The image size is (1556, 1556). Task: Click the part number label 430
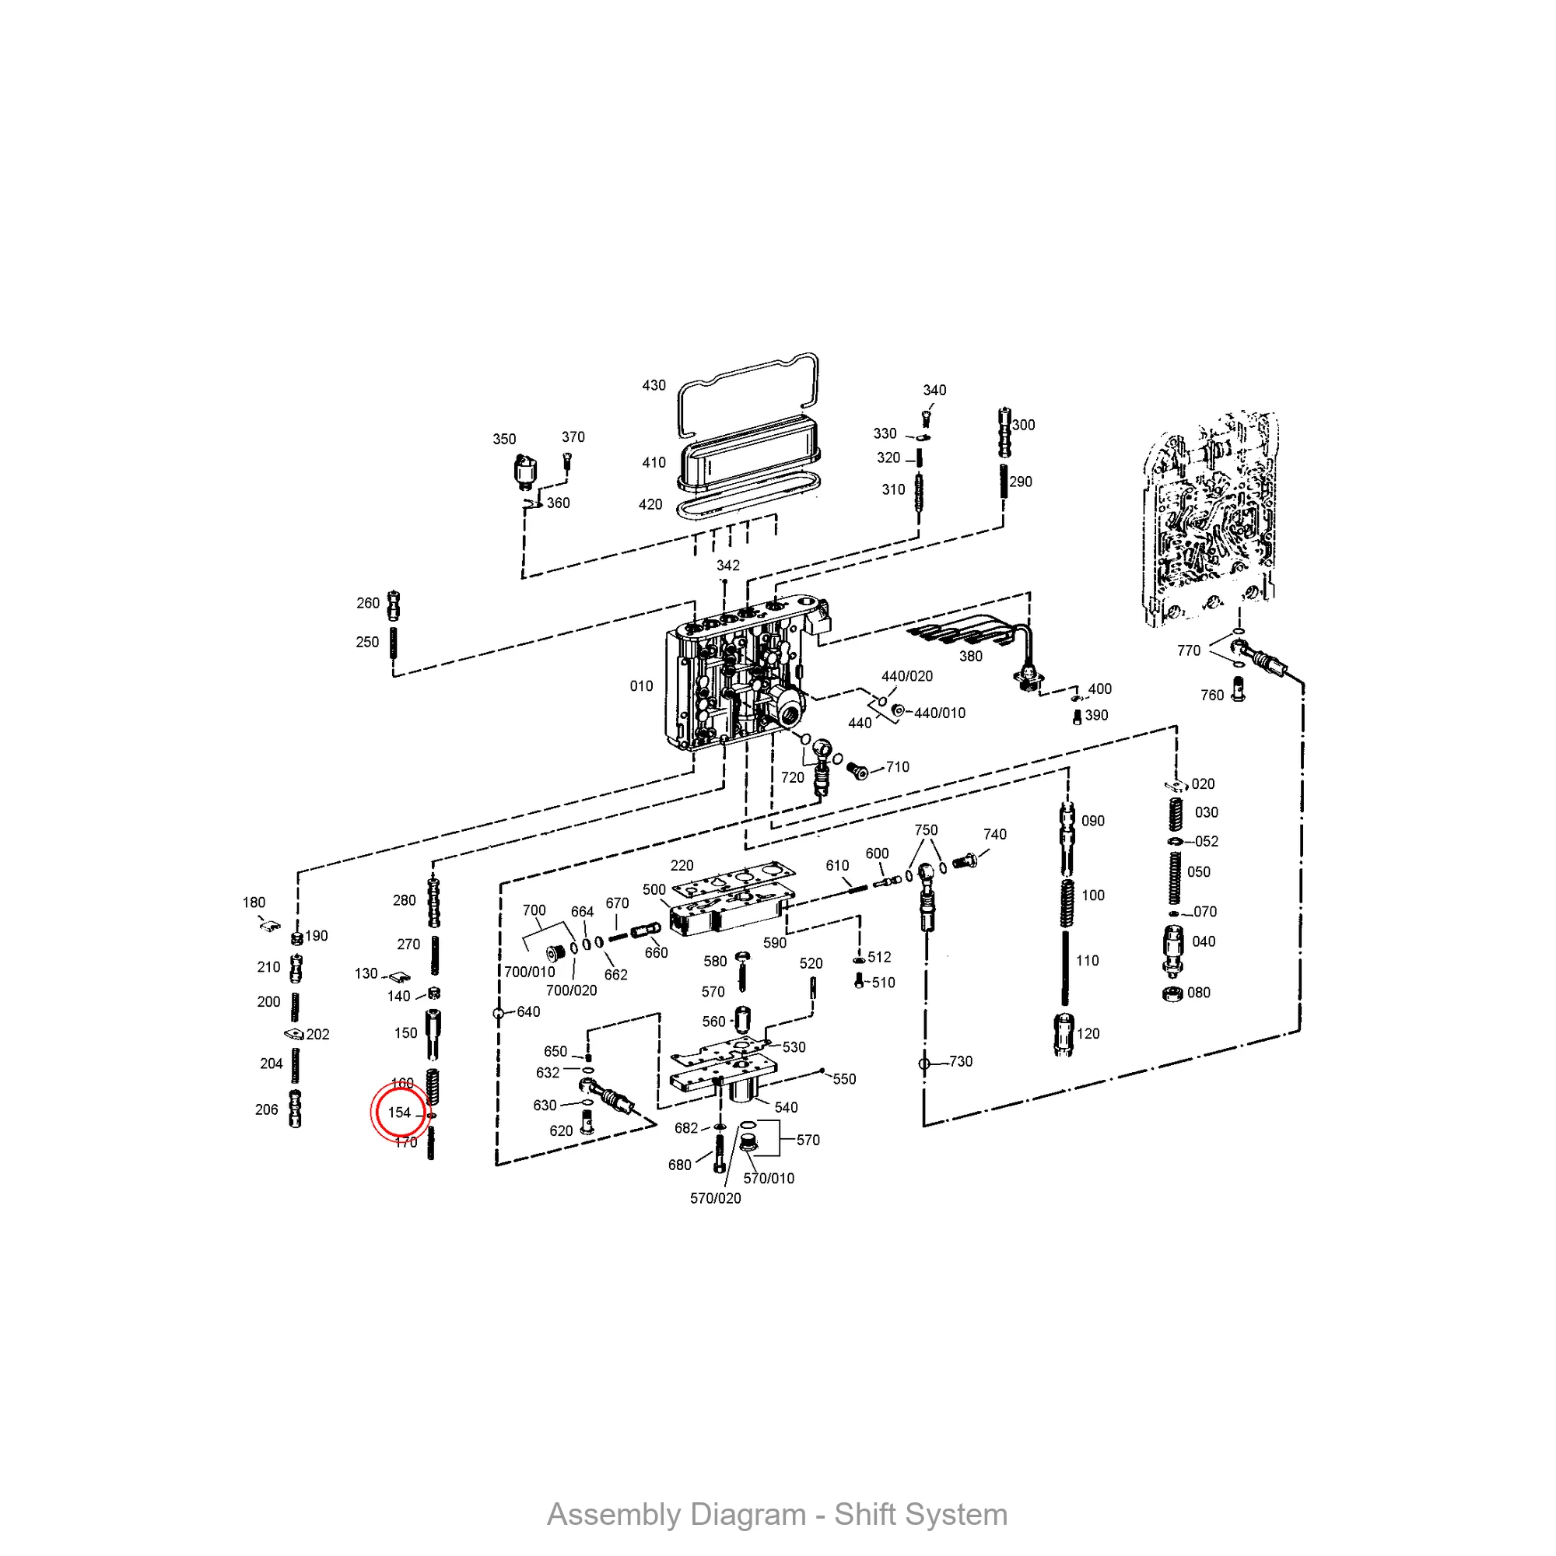click(x=654, y=385)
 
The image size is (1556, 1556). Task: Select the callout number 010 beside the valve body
click(x=641, y=686)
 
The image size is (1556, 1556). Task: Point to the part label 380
click(x=970, y=657)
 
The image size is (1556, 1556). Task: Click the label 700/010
click(x=529, y=972)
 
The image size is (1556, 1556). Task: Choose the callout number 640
click(x=528, y=1011)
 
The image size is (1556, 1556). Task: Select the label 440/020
click(x=907, y=677)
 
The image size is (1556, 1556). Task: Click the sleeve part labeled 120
click(x=1063, y=1034)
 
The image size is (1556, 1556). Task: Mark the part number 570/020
click(x=715, y=1198)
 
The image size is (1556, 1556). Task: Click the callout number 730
click(x=961, y=1061)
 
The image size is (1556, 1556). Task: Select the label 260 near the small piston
click(x=368, y=603)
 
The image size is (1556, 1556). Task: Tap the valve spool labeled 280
click(x=434, y=902)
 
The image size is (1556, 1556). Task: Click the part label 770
click(x=1189, y=650)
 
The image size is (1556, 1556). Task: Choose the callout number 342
click(x=728, y=566)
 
